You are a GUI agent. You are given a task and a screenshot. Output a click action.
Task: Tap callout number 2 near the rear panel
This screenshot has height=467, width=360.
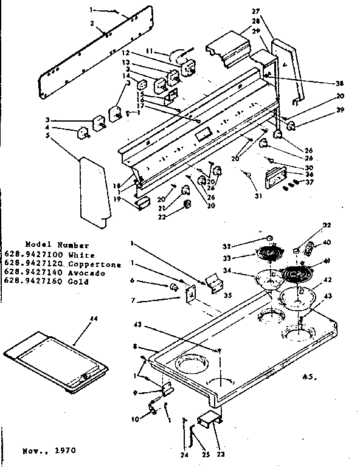tap(91, 23)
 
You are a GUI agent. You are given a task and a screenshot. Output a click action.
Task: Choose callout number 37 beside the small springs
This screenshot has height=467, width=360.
tap(311, 181)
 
